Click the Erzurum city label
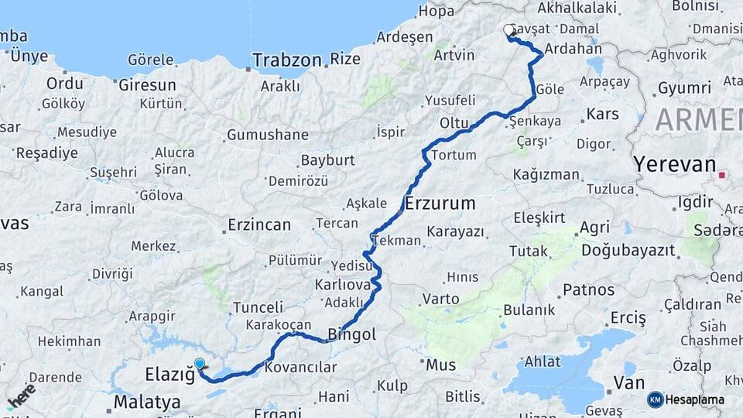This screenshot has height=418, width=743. (x=440, y=204)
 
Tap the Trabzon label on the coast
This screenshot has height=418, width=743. (x=287, y=60)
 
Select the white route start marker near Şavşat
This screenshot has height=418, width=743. (x=509, y=30)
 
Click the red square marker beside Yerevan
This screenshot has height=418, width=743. (x=722, y=175)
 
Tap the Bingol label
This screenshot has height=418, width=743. (x=352, y=335)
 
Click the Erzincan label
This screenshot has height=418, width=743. (x=259, y=225)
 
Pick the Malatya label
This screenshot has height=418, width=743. (x=147, y=402)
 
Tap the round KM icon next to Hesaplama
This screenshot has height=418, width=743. (x=656, y=399)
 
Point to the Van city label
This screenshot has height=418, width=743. (x=628, y=382)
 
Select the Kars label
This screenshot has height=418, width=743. (x=603, y=114)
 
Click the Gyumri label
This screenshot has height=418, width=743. (x=684, y=89)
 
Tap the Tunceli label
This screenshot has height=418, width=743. (x=259, y=307)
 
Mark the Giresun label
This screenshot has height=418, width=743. (x=148, y=85)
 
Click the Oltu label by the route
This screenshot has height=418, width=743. (x=455, y=123)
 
